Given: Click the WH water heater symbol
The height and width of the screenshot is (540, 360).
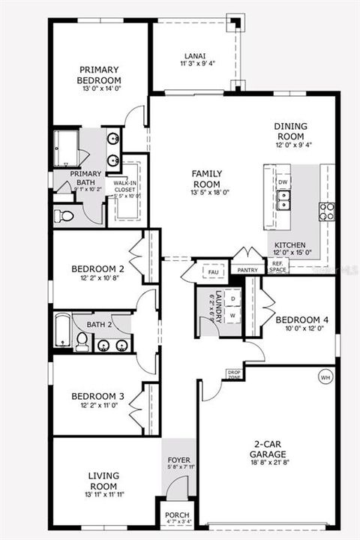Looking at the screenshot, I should pos(325,376).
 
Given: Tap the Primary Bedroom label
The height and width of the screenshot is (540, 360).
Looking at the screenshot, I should pos(100,75).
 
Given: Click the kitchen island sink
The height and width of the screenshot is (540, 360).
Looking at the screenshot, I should pos(284,199).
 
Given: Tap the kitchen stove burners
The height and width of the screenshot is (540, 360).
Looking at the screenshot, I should pos(327,211).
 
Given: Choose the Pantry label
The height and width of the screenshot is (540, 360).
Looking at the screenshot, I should pos(244,269).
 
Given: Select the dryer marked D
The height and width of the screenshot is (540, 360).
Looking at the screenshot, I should pos(232,298).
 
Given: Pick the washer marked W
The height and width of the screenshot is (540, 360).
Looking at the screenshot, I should pos(232,315).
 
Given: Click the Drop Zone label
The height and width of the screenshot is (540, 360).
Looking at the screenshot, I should pos(233,374).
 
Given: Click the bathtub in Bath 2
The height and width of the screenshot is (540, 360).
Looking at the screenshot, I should pos(63,330).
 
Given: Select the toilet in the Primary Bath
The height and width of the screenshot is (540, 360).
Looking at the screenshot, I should pos(65,216).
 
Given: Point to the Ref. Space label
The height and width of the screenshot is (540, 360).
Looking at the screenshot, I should pos(279,265).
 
